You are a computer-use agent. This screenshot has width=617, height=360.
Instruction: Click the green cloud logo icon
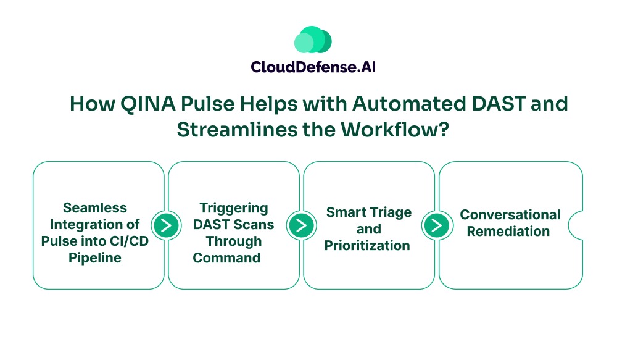click(313, 40)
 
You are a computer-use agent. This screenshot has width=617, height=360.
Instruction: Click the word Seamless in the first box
click(94, 207)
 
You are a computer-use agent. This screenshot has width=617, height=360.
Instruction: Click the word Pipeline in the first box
click(94, 257)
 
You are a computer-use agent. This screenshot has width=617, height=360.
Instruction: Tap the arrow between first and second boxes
click(165, 225)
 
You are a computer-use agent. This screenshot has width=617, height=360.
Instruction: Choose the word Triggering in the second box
click(234, 207)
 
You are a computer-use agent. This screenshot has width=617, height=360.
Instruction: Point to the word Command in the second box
click(226, 257)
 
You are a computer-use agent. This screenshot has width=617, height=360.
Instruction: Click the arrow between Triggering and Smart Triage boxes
click(300, 225)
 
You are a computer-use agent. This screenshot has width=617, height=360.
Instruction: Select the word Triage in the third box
click(390, 212)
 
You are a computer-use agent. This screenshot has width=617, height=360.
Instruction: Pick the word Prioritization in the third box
click(368, 246)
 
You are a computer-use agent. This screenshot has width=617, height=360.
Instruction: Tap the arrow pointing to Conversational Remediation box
click(436, 225)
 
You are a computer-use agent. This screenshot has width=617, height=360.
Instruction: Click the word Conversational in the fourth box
click(510, 215)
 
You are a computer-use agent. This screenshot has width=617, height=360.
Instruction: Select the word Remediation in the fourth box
click(508, 232)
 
